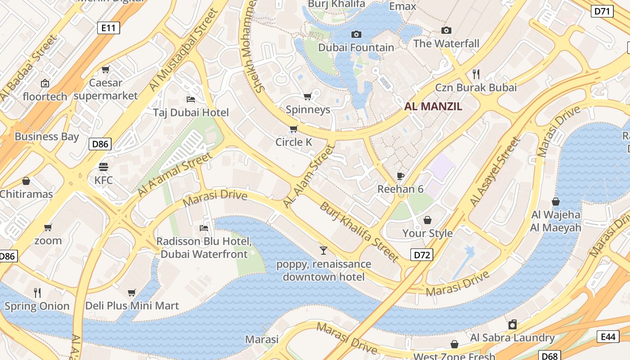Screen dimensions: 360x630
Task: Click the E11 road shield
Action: coord(108,28)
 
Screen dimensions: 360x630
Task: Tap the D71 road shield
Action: coord(602,11)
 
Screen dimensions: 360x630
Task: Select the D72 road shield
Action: coord(422,255)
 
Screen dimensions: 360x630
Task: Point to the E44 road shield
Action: coord(607,337)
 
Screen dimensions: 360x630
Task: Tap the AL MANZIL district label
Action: coord(433,107)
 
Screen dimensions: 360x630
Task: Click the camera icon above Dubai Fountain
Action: coord(356,34)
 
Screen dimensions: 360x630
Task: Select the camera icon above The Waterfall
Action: coord(446,30)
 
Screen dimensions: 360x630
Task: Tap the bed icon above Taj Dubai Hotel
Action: coord(191,99)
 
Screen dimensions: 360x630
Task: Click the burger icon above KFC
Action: coord(103,167)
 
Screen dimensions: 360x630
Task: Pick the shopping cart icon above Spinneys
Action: coord(308,96)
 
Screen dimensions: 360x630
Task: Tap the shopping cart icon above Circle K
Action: coord(293,129)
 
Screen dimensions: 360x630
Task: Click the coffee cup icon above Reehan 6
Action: coord(400,176)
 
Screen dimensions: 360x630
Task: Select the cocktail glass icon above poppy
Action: coord(323,251)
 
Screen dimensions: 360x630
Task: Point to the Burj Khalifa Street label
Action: coord(359,232)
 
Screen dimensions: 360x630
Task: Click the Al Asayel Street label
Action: coord(495,172)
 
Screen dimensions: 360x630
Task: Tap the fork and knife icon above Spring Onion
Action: coord(37,293)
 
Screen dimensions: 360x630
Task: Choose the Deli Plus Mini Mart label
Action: coord(132,306)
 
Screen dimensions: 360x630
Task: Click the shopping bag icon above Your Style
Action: coord(427,220)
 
